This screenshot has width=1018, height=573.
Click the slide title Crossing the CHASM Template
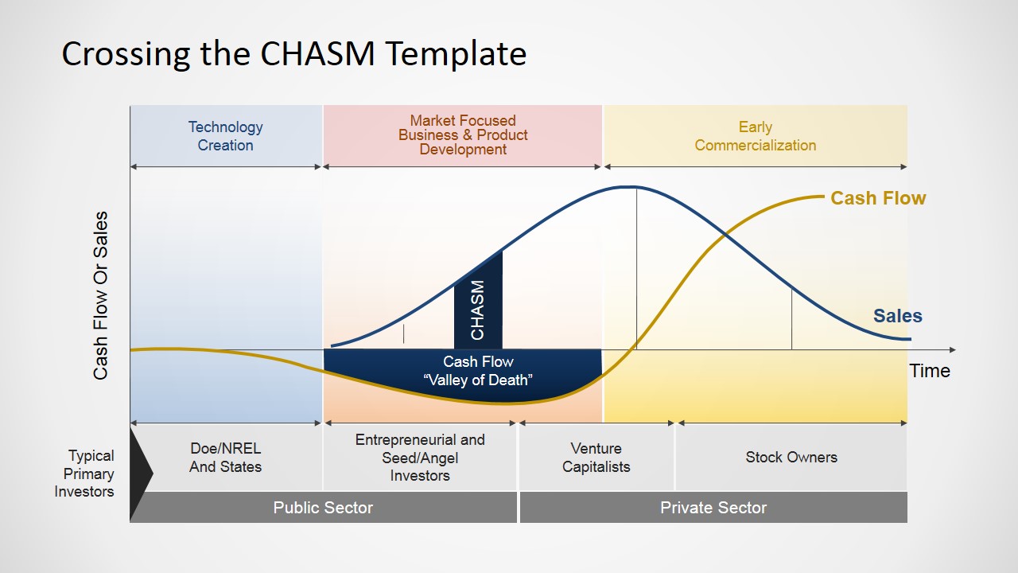coord(293,54)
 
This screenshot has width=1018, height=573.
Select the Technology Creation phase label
coord(225,136)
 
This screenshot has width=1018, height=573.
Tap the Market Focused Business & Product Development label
coord(463,134)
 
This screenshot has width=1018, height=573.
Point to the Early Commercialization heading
coord(755,136)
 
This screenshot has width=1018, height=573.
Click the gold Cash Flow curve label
coord(878,198)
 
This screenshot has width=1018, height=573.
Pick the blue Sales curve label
coord(897,316)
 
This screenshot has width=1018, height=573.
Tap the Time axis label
coord(930,371)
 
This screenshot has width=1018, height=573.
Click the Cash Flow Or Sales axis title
coord(101,295)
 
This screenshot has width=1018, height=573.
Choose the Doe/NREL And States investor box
coord(225,458)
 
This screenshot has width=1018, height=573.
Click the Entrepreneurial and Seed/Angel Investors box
coord(420,458)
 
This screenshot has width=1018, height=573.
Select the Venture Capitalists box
coord(596,458)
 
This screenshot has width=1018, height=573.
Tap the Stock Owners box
coord(791,458)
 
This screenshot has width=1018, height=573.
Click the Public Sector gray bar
coord(323,508)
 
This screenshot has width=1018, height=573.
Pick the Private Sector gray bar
coord(713,508)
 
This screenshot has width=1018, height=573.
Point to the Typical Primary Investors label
coord(84,474)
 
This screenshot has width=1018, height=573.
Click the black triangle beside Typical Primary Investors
coord(139,474)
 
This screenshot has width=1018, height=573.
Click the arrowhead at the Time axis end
coord(952,349)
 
